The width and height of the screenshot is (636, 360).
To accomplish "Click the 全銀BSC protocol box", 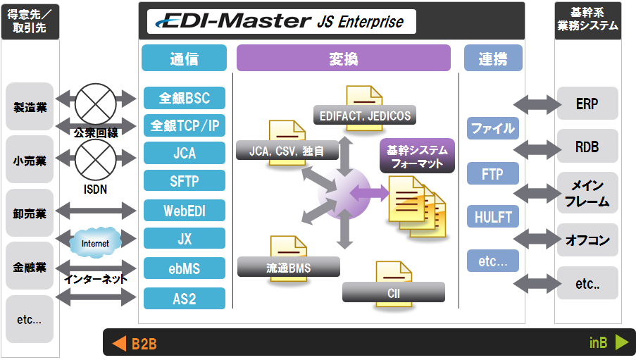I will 185,97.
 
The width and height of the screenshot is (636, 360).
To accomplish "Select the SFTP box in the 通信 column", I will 185,181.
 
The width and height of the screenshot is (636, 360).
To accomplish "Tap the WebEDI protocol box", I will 185,211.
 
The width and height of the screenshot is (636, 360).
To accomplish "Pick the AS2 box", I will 185,298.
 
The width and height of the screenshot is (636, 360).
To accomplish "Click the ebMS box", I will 185,268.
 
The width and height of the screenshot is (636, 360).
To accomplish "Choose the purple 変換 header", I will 343,58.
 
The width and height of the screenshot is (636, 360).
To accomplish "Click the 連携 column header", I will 492,58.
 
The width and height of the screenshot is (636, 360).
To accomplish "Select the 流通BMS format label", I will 288,267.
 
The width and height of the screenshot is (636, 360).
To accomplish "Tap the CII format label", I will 393,292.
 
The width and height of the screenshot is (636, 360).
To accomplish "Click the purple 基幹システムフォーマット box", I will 418,156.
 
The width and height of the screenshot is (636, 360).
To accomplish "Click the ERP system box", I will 587,104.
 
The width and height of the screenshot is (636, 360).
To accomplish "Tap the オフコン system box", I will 587,240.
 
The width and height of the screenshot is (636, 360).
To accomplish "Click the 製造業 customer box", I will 30,107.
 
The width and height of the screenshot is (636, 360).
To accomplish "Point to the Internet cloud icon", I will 95,243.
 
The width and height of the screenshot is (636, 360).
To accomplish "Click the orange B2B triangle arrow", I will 119,344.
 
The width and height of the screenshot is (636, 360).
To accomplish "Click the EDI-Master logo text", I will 229,22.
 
